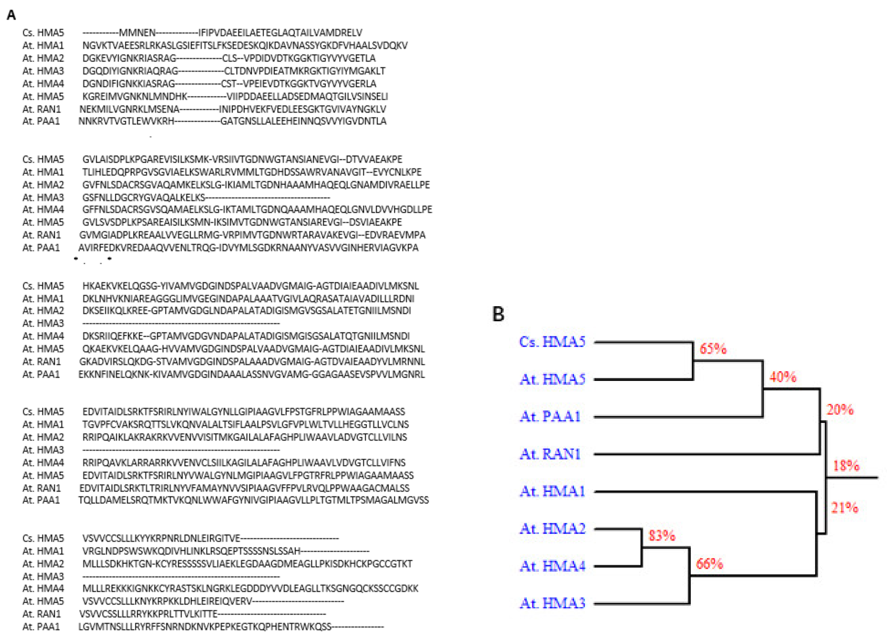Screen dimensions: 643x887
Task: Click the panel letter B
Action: [x=498, y=314]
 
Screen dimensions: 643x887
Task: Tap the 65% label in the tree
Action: [x=713, y=348]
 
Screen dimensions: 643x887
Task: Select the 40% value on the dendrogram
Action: [x=783, y=377]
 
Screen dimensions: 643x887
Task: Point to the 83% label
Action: [x=662, y=535]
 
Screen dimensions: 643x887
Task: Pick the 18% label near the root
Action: [x=846, y=466]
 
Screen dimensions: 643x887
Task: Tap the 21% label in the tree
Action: [x=844, y=507]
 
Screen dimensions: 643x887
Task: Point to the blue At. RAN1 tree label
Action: [x=550, y=454]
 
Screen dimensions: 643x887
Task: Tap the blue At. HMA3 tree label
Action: [x=552, y=603]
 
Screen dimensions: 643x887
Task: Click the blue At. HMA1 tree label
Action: [x=552, y=491]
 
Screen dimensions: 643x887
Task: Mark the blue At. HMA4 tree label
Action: [x=552, y=566]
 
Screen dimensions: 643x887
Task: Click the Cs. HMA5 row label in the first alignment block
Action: [x=43, y=33]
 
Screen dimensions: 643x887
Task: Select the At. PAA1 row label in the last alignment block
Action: [x=41, y=627]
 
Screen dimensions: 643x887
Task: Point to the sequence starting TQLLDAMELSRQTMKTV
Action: [x=254, y=500]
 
